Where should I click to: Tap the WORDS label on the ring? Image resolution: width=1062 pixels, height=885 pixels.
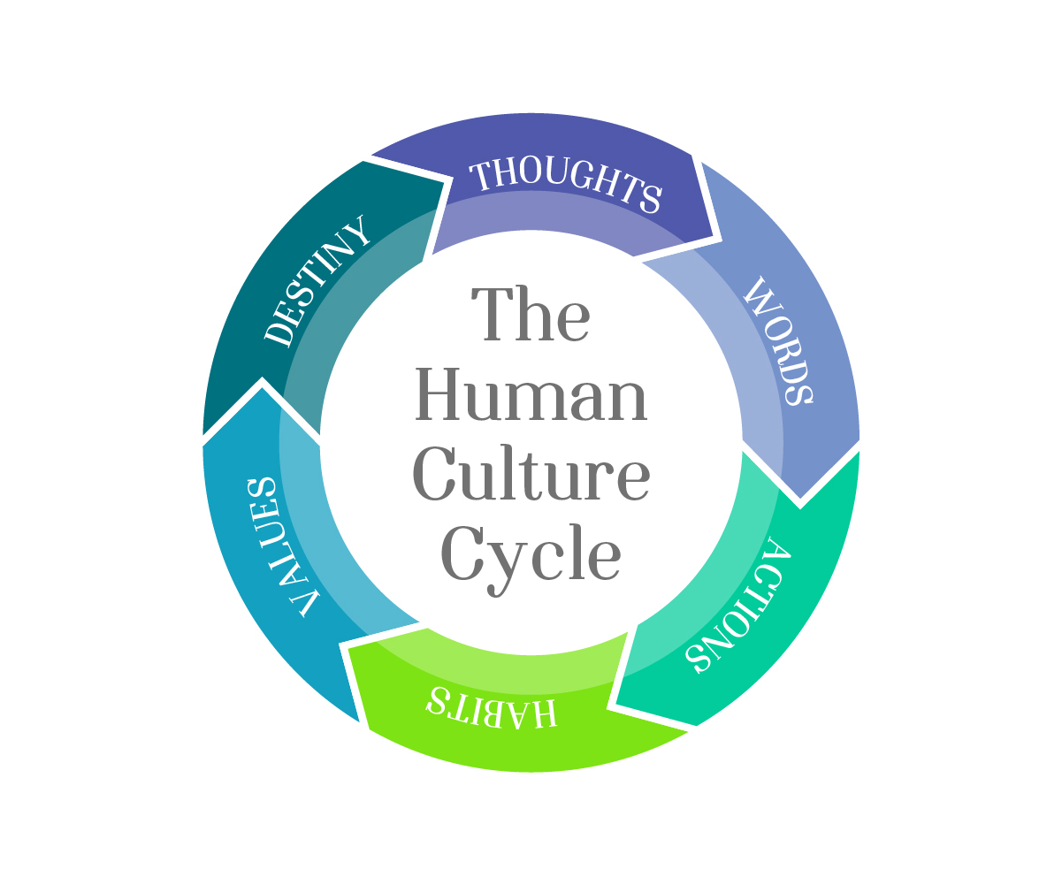(779, 340)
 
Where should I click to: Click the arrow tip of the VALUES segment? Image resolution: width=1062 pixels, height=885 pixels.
(262, 382)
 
